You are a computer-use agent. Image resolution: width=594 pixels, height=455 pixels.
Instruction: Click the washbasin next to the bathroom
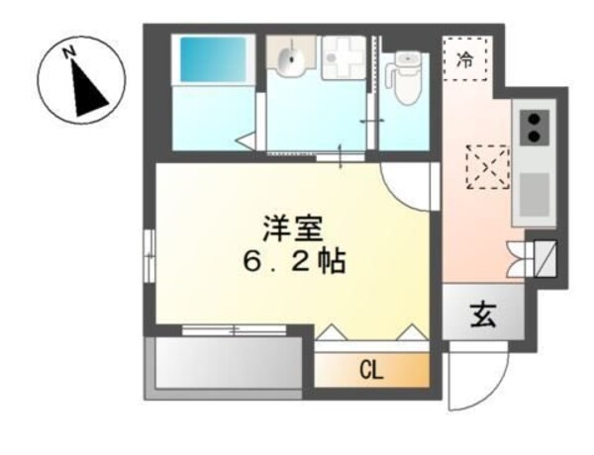(x=290, y=61)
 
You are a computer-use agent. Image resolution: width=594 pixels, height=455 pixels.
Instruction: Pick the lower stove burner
(x=535, y=137)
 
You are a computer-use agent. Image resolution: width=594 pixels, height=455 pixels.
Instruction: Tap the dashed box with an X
(x=487, y=165)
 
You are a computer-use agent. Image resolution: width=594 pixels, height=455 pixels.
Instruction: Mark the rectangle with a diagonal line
(x=544, y=255)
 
